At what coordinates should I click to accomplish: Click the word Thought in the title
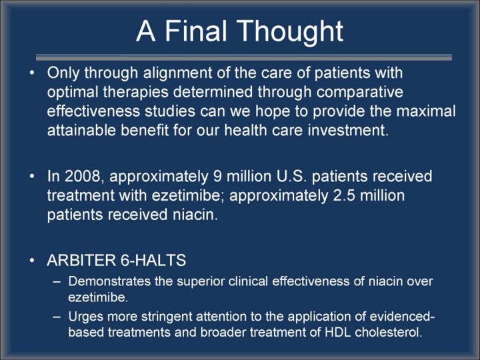(289, 32)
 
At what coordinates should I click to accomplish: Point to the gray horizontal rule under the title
(244, 57)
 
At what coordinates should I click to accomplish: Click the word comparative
(360, 93)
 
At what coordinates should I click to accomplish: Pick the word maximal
(426, 111)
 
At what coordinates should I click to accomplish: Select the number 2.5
(344, 195)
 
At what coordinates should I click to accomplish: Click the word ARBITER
(81, 260)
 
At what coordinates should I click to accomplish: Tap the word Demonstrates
(109, 281)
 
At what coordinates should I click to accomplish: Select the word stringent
(167, 317)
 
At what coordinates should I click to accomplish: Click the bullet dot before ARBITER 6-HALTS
(32, 261)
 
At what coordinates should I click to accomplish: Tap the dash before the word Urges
(57, 317)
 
